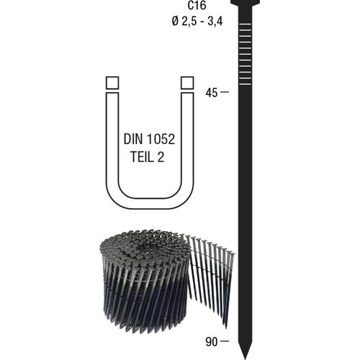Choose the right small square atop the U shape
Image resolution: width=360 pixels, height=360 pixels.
click(x=187, y=83)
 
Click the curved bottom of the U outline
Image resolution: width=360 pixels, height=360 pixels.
click(x=150, y=203)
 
